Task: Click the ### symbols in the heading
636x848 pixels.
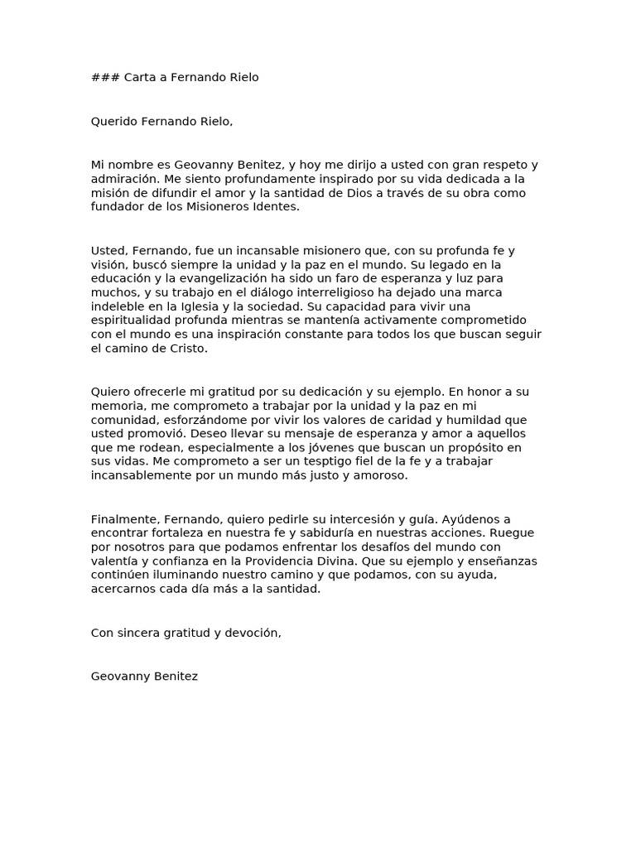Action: click(105, 78)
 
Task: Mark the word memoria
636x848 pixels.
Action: click(118, 406)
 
